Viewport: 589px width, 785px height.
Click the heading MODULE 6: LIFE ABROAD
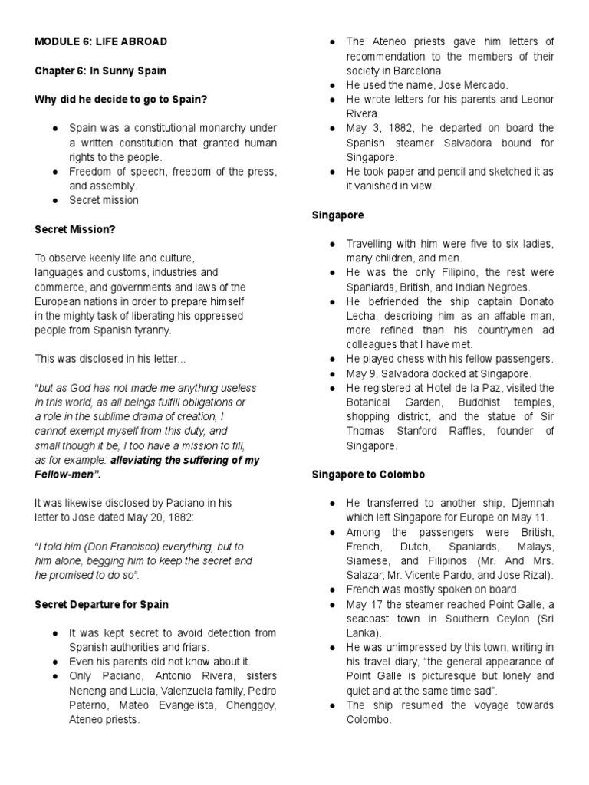click(x=100, y=41)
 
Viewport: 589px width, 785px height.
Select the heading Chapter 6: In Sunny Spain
click(x=100, y=71)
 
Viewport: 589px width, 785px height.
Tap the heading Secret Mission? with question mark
click(x=74, y=228)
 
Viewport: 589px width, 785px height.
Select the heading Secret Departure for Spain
click(x=101, y=604)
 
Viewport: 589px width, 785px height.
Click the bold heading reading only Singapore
click(x=338, y=215)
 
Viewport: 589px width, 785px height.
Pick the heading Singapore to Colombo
click(x=368, y=475)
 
